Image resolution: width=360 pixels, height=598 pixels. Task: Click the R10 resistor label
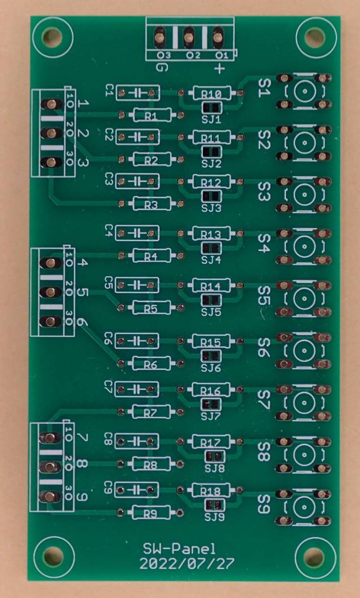(x=211, y=94)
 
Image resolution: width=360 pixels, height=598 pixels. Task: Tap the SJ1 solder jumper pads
(x=212, y=108)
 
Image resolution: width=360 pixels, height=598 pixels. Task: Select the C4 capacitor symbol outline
(x=137, y=233)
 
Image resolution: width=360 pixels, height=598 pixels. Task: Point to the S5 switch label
(x=264, y=296)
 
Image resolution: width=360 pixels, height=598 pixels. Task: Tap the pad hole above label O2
(x=188, y=37)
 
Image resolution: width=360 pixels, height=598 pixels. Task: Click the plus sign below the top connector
(x=219, y=69)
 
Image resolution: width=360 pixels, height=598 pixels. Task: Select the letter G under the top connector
(x=162, y=68)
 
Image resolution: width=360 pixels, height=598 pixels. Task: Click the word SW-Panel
(x=179, y=549)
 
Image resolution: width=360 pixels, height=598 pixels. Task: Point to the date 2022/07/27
(x=187, y=564)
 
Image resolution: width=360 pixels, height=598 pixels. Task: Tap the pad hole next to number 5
(x=50, y=293)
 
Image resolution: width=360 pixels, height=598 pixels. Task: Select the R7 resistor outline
(x=151, y=412)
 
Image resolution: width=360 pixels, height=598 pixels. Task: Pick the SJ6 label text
(x=211, y=368)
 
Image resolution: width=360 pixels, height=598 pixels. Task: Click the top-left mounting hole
(x=52, y=37)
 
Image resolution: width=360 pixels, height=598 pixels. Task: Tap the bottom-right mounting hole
(x=315, y=556)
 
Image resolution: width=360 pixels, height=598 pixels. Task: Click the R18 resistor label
(x=211, y=491)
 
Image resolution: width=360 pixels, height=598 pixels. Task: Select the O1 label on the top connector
(x=222, y=55)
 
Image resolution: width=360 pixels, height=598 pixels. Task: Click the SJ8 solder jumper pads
(x=215, y=457)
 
